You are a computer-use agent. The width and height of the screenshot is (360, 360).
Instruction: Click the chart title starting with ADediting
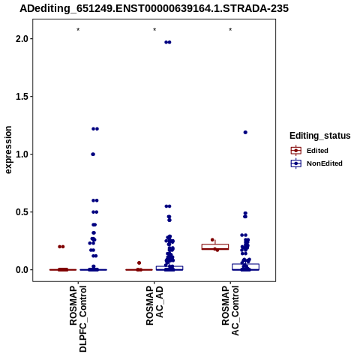tap(154, 8)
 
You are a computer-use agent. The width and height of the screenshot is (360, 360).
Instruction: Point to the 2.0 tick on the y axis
tap(21, 39)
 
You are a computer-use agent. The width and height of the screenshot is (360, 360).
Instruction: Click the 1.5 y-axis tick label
tap(21, 97)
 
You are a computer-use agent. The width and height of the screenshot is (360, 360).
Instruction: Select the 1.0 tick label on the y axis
tap(21, 154)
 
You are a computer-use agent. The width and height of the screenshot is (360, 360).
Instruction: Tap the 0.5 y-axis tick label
tap(21, 212)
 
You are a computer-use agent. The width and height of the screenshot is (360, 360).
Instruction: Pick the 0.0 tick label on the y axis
tap(21, 270)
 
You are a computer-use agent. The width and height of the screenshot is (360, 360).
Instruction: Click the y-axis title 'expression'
tap(8, 150)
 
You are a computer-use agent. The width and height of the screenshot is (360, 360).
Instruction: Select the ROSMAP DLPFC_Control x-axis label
tap(78, 319)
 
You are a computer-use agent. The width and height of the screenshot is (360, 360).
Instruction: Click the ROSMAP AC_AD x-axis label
tap(154, 306)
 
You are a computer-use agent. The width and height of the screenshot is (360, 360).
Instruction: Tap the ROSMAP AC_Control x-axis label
tap(230, 310)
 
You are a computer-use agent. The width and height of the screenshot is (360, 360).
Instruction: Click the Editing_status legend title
tap(320, 136)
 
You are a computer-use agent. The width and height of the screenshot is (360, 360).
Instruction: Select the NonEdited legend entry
tap(316, 163)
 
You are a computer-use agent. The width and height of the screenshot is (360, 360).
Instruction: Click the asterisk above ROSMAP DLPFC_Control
tap(78, 30)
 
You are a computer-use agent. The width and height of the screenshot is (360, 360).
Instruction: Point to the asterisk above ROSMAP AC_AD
tap(154, 30)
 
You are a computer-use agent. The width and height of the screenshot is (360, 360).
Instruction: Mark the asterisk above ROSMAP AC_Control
tap(230, 30)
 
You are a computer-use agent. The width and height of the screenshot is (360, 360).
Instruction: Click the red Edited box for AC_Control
tap(215, 247)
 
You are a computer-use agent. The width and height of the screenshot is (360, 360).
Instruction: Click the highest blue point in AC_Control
tap(245, 133)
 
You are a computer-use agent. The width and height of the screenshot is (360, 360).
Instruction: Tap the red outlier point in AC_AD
tap(139, 263)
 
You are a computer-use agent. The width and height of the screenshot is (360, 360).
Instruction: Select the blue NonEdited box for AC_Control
tap(245, 267)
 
